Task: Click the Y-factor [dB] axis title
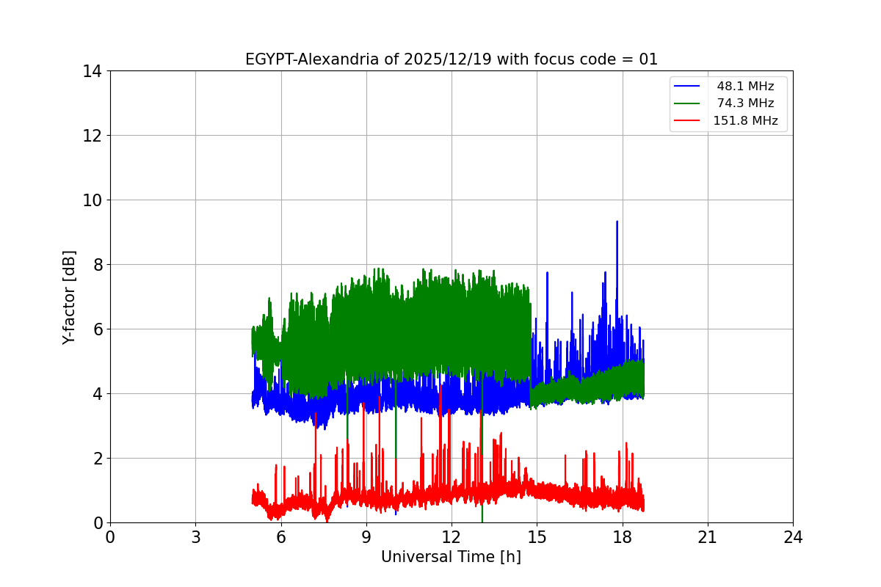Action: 69,297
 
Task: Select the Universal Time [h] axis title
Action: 451,557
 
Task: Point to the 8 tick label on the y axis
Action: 95,265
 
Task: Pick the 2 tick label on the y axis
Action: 95,459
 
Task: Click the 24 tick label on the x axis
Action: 793,537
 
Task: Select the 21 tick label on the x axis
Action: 707,537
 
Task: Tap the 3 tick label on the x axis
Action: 195,537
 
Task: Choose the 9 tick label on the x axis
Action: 366,537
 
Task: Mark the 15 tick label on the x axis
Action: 537,537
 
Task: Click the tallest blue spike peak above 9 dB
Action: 617,222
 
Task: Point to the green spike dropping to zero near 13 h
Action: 482,518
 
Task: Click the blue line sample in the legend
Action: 687,87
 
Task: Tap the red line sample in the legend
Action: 687,121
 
